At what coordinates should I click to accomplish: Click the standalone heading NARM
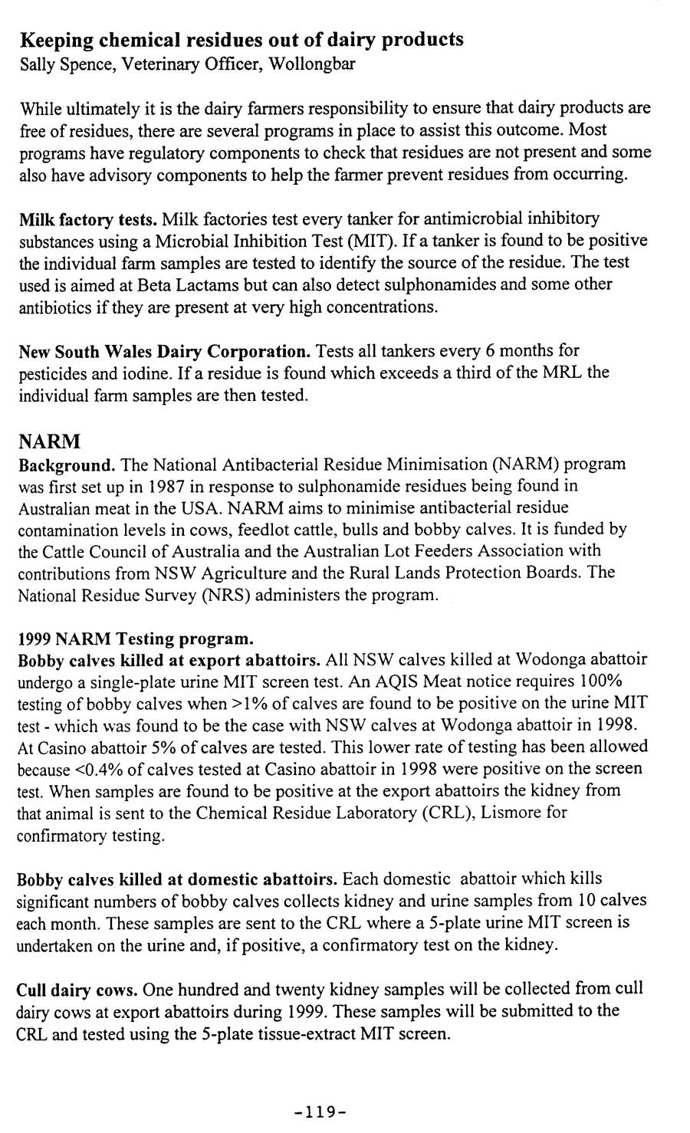click(50, 442)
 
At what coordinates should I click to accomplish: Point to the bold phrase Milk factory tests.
click(88, 220)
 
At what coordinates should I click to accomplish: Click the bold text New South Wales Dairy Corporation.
click(164, 352)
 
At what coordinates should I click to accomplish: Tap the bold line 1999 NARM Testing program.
click(134, 639)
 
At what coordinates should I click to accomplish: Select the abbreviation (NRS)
click(225, 595)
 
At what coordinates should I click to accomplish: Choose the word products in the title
click(419, 39)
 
